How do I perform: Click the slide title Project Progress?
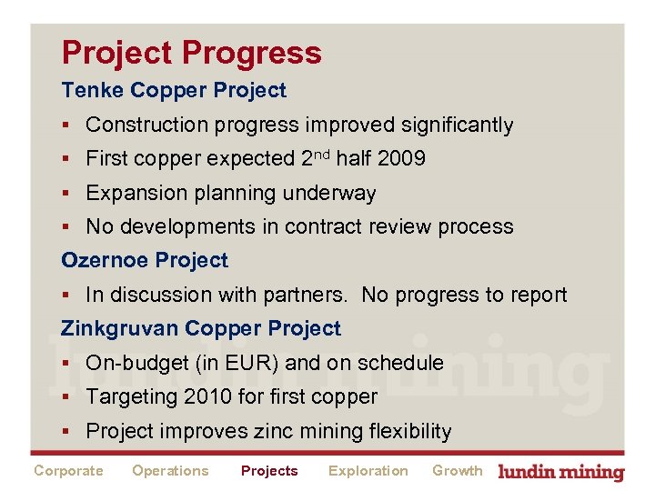(x=191, y=53)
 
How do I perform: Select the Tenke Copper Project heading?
(x=173, y=90)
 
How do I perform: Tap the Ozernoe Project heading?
(x=145, y=260)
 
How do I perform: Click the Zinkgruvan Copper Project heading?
(x=200, y=328)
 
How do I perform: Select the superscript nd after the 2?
(x=322, y=154)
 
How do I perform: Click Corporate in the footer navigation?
(x=68, y=471)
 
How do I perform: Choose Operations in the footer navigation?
(x=170, y=471)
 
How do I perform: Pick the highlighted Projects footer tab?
(x=269, y=471)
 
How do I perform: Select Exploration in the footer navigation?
(x=368, y=471)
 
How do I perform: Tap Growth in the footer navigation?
(x=457, y=471)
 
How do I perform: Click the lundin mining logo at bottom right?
(x=561, y=472)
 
